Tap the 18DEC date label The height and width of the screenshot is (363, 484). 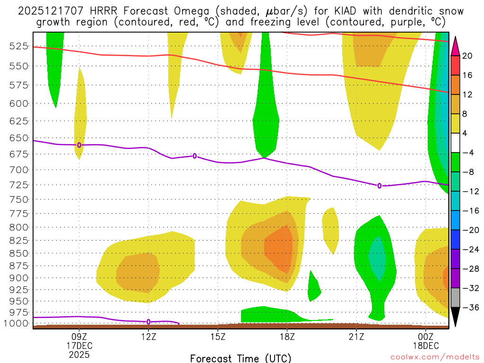click(426, 345)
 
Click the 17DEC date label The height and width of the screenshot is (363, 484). click(79, 345)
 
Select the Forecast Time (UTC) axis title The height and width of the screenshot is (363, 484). click(241, 358)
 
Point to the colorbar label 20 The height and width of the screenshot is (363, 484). click(467, 56)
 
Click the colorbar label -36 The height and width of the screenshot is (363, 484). click(467, 308)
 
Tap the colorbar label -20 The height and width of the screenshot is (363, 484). click(467, 230)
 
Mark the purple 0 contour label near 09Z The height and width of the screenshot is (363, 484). click(79, 145)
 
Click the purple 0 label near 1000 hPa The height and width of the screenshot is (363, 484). click(148, 322)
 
